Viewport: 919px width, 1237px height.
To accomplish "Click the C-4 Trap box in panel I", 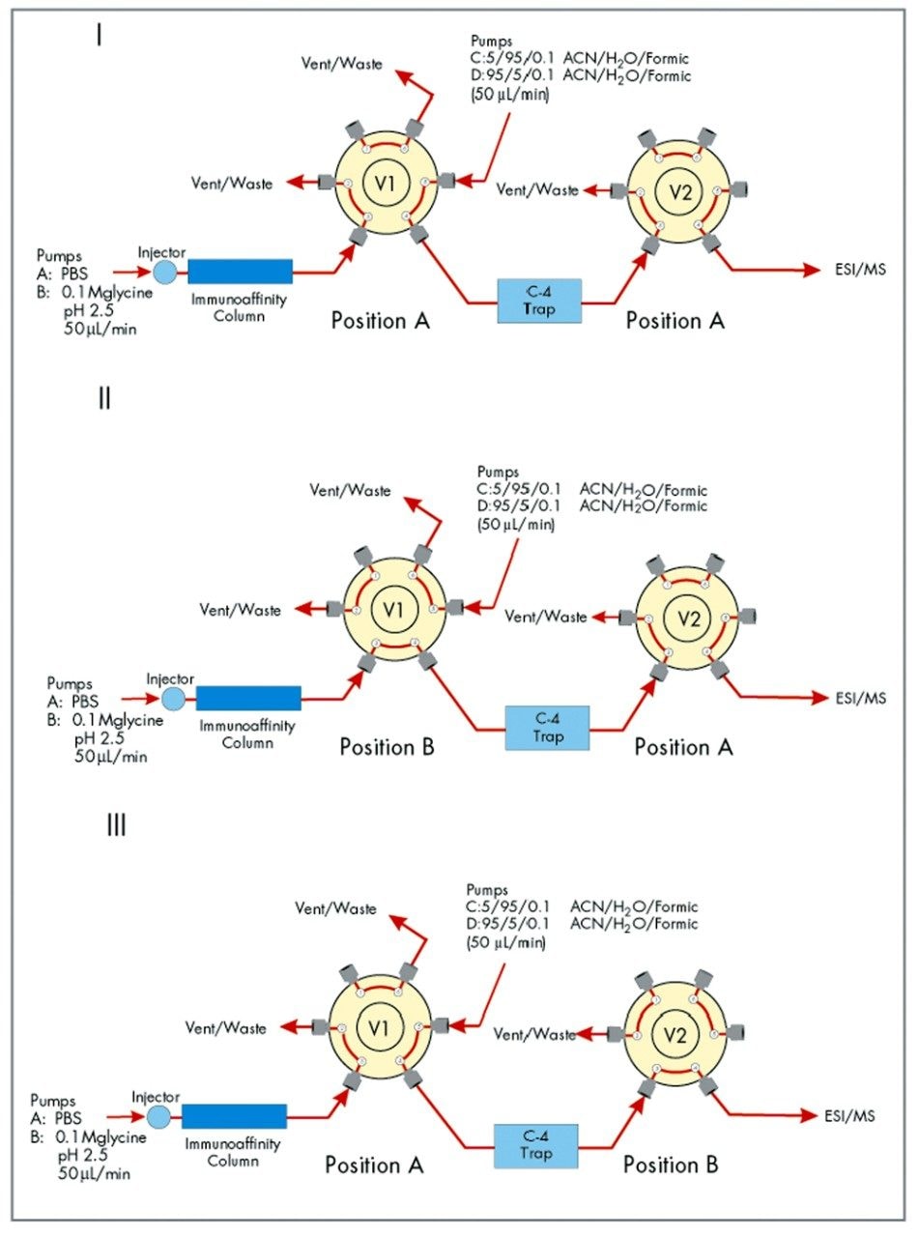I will pos(540,301).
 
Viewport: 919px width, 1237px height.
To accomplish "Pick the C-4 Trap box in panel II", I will pos(548,727).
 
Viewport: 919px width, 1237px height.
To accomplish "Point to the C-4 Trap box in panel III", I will pos(534,1145).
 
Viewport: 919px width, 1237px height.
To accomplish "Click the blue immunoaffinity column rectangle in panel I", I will pos(240,273).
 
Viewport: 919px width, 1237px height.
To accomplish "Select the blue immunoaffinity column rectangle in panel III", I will pos(234,1116).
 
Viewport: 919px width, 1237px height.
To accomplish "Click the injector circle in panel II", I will pos(173,697).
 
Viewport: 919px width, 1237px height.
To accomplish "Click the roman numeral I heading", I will pos(100,37).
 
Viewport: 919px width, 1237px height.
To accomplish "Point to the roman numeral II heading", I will pos(104,396).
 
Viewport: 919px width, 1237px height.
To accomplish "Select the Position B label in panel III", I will pos(671,1165).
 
